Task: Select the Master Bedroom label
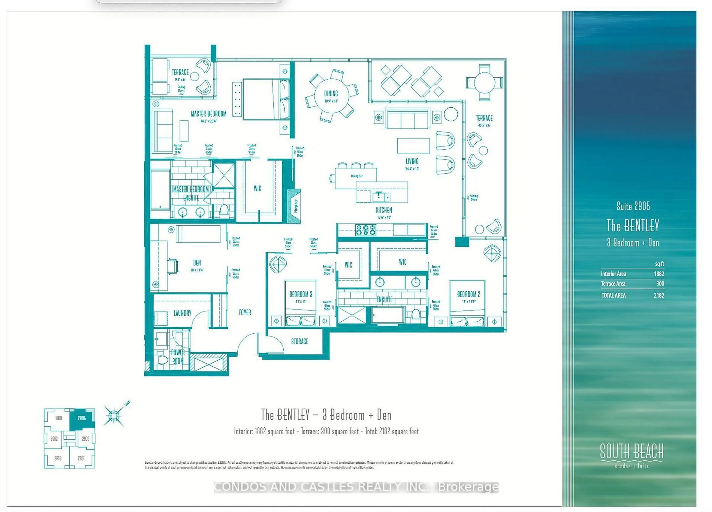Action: click(x=208, y=114)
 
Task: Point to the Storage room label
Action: click(x=299, y=341)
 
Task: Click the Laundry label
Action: click(x=182, y=313)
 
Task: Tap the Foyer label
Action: click(x=245, y=312)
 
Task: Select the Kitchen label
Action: click(x=384, y=210)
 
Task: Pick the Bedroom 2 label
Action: click(x=468, y=294)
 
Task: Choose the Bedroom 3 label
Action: click(x=300, y=294)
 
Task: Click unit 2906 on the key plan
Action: click(x=86, y=439)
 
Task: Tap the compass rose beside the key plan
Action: click(x=114, y=416)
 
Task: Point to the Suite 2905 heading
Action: click(x=633, y=206)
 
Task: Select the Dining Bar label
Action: click(x=356, y=176)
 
